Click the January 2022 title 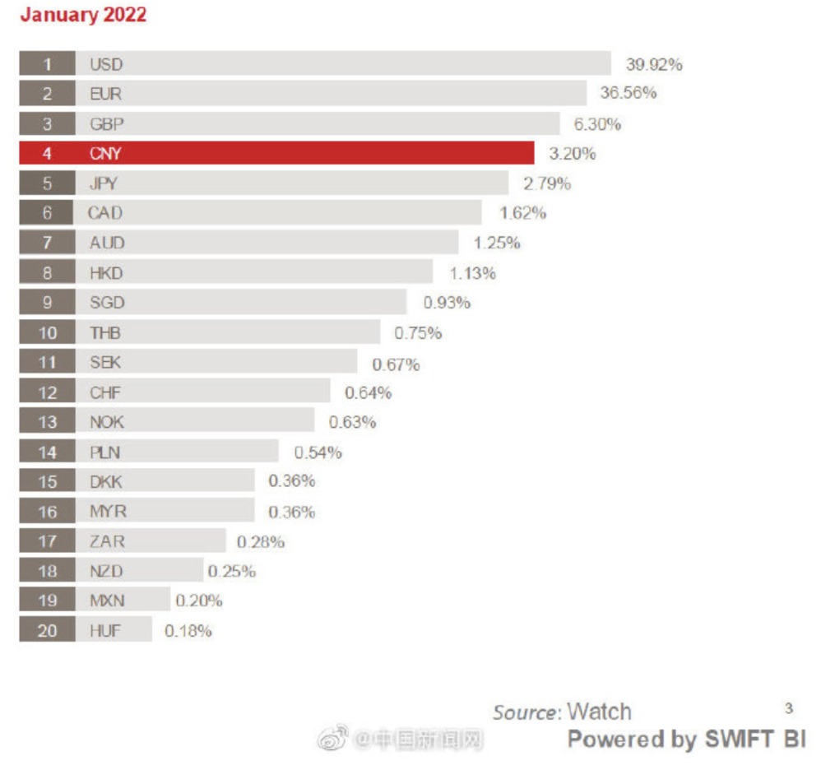coord(83,15)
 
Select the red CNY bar coord(304,153)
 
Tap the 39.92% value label coord(654,64)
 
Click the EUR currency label coord(104,94)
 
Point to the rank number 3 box coord(48,123)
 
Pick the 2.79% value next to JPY coord(547,183)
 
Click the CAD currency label coord(104,213)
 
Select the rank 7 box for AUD coord(48,243)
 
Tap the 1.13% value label coord(472,273)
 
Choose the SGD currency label coord(107,303)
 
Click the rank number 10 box coord(48,332)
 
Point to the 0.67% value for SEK coord(396,364)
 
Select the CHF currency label coord(104,392)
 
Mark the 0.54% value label coord(318,452)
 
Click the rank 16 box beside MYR coord(48,512)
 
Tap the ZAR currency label coord(107,541)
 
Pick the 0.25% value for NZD coord(231,571)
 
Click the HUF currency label coord(104,631)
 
